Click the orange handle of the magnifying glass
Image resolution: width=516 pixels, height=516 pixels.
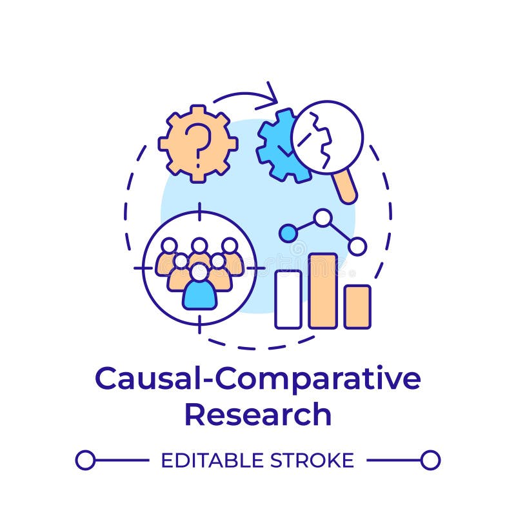(x=347, y=186)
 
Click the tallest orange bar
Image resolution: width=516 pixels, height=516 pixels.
(x=322, y=290)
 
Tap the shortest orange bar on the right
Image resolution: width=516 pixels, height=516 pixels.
(x=357, y=306)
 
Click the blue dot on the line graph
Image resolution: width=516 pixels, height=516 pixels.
(x=288, y=233)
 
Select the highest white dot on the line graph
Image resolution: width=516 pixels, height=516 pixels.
(x=322, y=217)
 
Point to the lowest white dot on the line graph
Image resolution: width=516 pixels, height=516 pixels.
(x=357, y=246)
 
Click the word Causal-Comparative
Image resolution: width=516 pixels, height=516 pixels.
(x=257, y=379)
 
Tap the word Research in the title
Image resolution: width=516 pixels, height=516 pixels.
(x=257, y=414)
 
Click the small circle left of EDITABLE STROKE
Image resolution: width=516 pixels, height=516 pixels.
(x=85, y=460)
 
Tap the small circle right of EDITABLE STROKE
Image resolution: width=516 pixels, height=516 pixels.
(x=430, y=460)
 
